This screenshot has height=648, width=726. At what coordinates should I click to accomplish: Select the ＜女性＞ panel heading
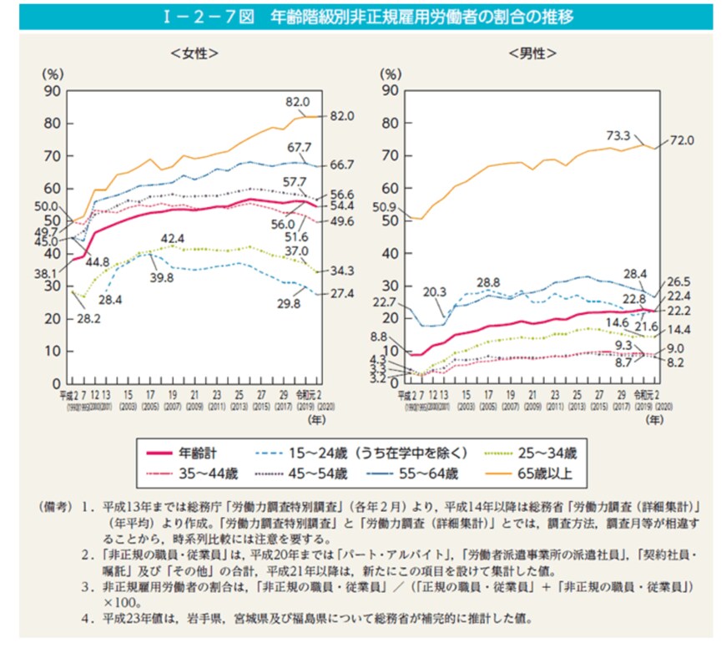tap(194, 54)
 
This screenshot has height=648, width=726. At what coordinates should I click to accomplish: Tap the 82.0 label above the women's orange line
tap(297, 101)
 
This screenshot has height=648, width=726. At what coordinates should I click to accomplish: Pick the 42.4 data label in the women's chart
tap(173, 238)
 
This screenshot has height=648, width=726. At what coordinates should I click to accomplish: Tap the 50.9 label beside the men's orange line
tap(391, 206)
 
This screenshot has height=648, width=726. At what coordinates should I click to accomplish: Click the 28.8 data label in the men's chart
tap(489, 281)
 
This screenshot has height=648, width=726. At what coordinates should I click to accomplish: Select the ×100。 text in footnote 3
tap(121, 603)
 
